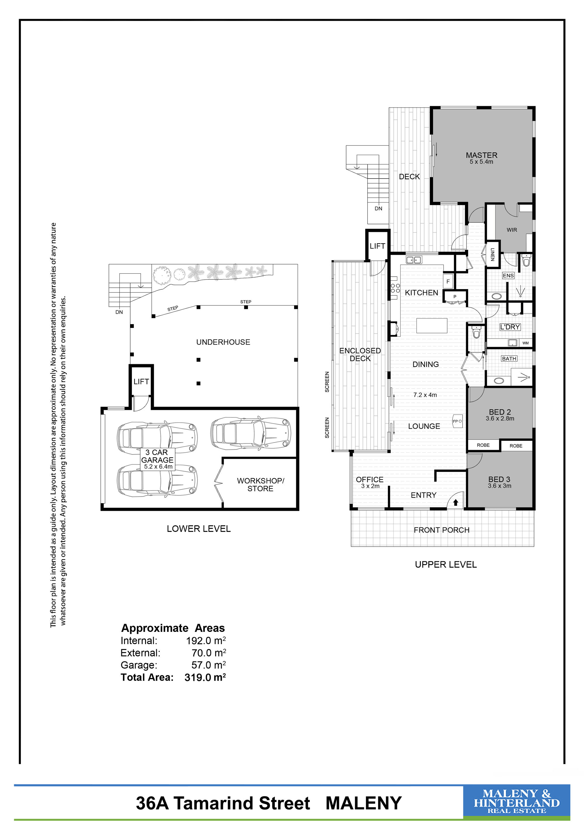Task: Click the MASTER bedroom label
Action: pos(482,155)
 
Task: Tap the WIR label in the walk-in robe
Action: pos(512,230)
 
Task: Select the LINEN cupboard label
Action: pos(493,254)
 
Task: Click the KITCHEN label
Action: pos(421,293)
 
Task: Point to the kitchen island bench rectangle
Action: pos(432,326)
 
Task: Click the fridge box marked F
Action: pos(448,281)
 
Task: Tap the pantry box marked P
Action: pos(455,297)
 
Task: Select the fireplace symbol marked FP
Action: pos(457,421)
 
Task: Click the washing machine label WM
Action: pos(525,343)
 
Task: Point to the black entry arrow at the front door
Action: pos(456,503)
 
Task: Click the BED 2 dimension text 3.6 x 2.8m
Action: pos(500,419)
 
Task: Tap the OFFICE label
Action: pos(370,480)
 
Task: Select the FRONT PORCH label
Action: pos(442,530)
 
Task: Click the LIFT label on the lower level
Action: pos(141,382)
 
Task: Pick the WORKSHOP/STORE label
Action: pos(260,485)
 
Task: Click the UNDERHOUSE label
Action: pos(223,342)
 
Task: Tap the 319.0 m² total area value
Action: pos(205,677)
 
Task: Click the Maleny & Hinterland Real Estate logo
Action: pos(516,803)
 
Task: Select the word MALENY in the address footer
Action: pos(364,803)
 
